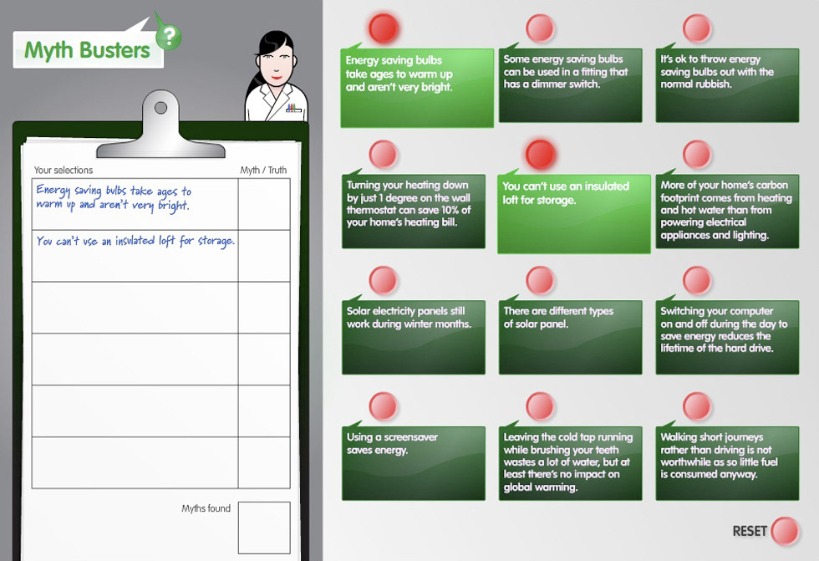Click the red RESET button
click(785, 531)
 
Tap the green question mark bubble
click(169, 37)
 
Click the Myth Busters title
click(87, 51)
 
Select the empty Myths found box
click(264, 528)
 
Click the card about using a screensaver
click(413, 463)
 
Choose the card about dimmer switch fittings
click(570, 85)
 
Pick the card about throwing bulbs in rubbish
click(727, 85)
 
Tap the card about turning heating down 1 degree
click(413, 211)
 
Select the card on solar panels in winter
click(413, 337)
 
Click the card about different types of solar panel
click(570, 337)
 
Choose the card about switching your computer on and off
click(727, 337)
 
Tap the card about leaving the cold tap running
click(570, 463)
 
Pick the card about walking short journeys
click(727, 463)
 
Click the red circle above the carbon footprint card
click(697, 154)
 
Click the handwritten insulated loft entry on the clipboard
click(135, 241)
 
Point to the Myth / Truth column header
click(263, 170)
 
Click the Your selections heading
click(64, 170)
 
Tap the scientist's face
click(274, 65)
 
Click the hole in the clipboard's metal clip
click(160, 108)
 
